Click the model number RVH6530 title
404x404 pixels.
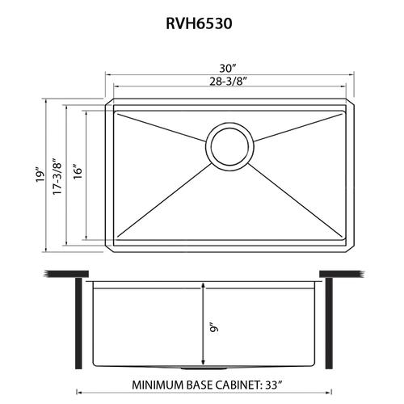pos(199,23)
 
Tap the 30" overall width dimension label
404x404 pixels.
pos(228,68)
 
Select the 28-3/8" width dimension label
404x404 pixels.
pos(229,81)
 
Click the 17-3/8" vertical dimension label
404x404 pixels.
pos(57,175)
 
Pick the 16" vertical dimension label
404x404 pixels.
pos(78,172)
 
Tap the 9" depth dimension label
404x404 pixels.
pos(213,327)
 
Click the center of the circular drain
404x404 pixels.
pos(229,146)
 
